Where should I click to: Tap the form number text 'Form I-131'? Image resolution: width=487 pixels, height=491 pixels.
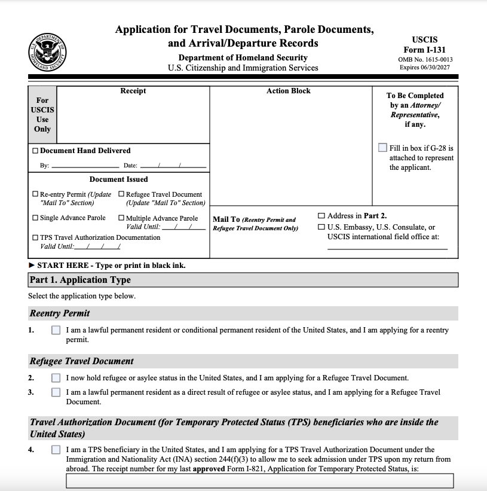(424, 50)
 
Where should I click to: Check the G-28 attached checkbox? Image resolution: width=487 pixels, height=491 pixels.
(382, 148)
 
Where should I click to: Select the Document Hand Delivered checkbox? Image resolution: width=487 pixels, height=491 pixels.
(35, 151)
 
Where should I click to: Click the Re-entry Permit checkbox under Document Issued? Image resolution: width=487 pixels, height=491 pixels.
(35, 194)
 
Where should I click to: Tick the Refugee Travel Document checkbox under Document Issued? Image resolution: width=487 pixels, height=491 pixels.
(121, 194)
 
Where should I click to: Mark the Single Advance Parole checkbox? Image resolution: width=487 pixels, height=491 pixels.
(35, 218)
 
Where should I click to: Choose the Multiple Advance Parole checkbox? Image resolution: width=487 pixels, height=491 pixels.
(121, 218)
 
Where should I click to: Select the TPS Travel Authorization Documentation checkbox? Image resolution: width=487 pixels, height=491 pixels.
(35, 237)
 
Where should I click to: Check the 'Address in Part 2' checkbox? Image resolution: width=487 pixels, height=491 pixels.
(321, 216)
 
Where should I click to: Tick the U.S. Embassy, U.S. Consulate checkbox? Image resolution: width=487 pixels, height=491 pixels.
(321, 227)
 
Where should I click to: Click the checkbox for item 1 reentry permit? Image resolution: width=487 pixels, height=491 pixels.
(56, 330)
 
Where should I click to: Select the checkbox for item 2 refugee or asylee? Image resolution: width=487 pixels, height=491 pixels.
(56, 378)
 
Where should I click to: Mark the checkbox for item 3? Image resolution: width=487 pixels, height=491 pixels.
(56, 392)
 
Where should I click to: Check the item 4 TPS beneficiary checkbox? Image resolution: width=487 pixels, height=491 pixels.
(56, 450)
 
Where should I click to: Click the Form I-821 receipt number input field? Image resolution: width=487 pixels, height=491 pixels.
(259, 481)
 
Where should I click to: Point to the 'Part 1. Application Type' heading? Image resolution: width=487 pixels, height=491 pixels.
(80, 280)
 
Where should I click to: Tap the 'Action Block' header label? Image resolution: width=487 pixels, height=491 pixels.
(289, 91)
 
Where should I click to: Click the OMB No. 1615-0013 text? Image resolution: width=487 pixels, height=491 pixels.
(425, 59)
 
